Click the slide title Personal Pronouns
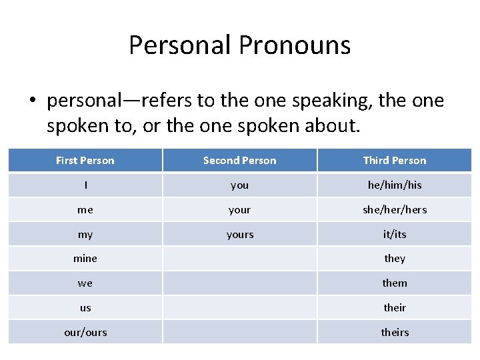click(x=239, y=45)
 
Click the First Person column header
click(x=85, y=161)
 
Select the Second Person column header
click(x=239, y=161)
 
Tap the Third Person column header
click(x=395, y=161)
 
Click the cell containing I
click(x=85, y=185)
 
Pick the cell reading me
click(x=85, y=210)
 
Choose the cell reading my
click(x=85, y=235)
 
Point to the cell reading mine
click(x=85, y=259)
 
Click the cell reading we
click(x=85, y=283)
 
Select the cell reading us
click(x=85, y=308)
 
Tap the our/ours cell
click(x=85, y=332)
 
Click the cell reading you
click(x=239, y=185)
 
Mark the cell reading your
click(x=239, y=210)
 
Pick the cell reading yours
click(x=239, y=235)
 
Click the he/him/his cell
click(x=395, y=185)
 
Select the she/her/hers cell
click(x=395, y=210)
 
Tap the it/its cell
click(x=395, y=235)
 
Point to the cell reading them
click(x=395, y=283)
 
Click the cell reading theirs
click(x=395, y=332)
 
